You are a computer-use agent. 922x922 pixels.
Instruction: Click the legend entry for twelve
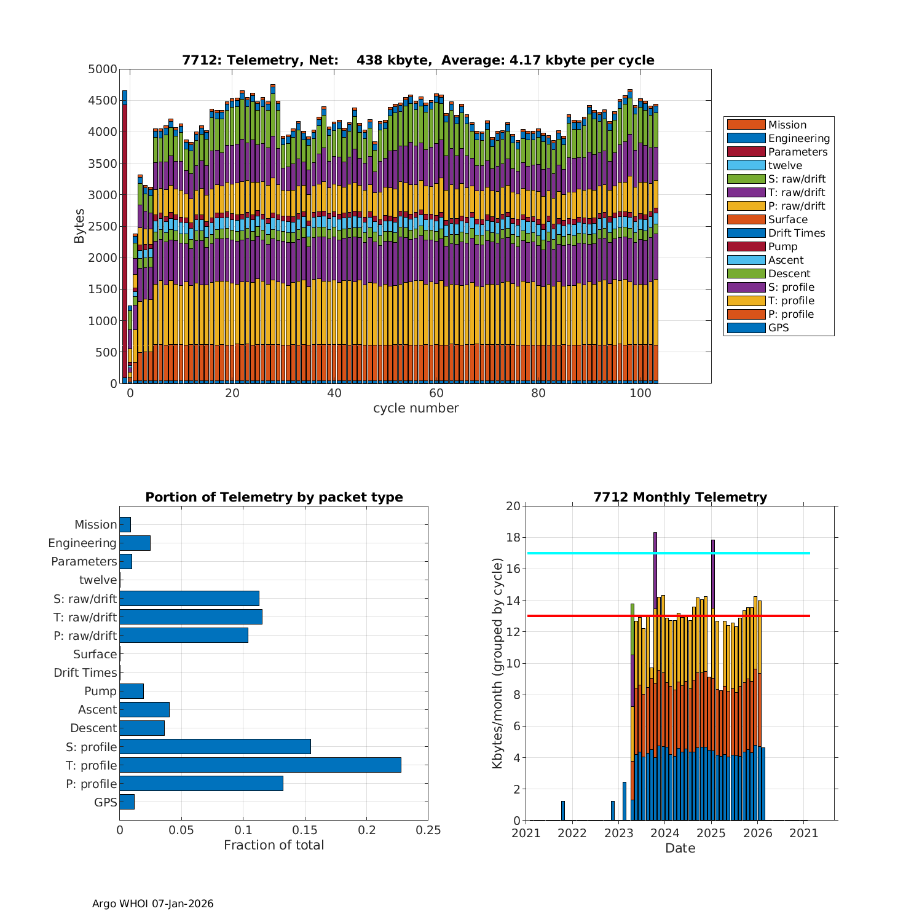[785, 165]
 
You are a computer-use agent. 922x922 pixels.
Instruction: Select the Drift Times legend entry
[797, 233]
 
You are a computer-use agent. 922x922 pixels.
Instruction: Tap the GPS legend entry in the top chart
[778, 328]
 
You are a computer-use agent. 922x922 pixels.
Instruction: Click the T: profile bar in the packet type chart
[260, 765]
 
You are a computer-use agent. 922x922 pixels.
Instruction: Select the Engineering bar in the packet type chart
[135, 543]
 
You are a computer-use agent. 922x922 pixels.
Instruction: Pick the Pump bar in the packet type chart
[132, 691]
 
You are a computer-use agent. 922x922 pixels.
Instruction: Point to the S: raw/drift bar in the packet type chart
[189, 598]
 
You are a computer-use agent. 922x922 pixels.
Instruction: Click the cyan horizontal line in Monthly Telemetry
[668, 553]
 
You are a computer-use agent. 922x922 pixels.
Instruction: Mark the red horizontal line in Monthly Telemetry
[668, 616]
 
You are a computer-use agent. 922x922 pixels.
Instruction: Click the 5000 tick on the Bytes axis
[103, 69]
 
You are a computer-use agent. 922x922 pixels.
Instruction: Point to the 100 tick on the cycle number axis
[640, 393]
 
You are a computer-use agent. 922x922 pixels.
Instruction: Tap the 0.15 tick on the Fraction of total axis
[305, 830]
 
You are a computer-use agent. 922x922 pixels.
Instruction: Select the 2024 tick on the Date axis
[665, 833]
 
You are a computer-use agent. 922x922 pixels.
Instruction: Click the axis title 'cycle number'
[416, 408]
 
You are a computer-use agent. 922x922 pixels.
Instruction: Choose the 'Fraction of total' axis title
[274, 845]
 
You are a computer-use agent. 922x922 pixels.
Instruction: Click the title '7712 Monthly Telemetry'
[680, 497]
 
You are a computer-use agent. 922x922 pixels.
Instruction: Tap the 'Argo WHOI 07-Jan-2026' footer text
[153, 904]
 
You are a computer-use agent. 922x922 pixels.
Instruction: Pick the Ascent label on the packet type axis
[97, 709]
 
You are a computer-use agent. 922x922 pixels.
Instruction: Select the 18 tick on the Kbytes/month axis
[514, 538]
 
